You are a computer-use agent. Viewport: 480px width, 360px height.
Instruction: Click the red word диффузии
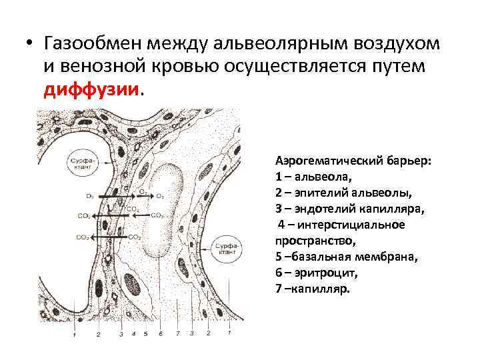pos(92,89)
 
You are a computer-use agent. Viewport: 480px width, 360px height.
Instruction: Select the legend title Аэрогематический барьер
pos(353,161)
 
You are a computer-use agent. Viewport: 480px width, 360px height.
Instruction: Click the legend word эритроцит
pos(320,273)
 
